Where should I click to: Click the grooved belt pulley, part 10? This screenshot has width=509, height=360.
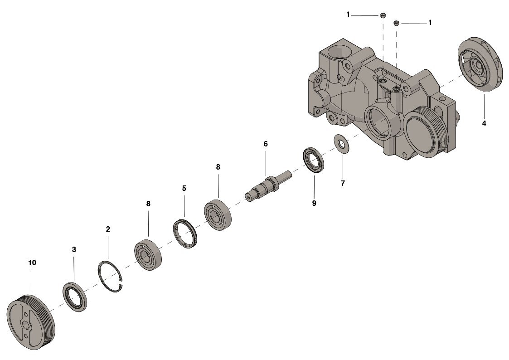(31, 321)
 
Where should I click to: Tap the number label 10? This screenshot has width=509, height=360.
(32, 263)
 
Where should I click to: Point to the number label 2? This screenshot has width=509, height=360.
(108, 229)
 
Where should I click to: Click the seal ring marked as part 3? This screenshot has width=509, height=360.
(74, 297)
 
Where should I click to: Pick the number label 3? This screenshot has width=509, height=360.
(74, 249)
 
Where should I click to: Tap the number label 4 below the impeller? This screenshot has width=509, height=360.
(484, 123)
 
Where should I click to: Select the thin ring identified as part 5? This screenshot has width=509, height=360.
(186, 234)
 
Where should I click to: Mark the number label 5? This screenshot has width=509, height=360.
(184, 188)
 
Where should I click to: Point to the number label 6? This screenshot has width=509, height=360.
(266, 144)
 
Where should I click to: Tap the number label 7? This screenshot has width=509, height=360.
(343, 183)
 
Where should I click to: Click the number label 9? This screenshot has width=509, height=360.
(314, 203)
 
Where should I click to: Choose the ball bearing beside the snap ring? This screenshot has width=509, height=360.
(148, 255)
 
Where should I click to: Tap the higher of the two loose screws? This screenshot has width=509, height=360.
(383, 16)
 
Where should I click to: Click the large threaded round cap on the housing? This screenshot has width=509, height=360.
(422, 134)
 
